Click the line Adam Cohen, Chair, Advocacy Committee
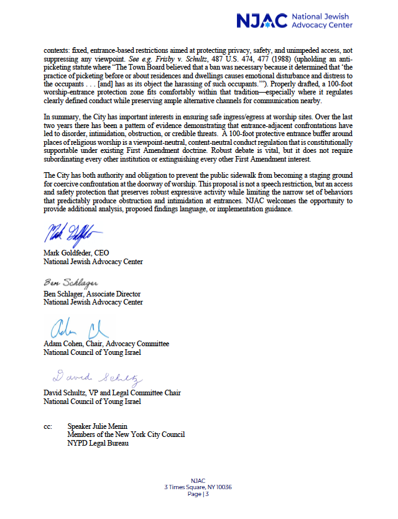click(x=106, y=344)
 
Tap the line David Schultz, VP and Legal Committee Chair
click(x=109, y=392)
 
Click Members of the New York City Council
click(x=126, y=434)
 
